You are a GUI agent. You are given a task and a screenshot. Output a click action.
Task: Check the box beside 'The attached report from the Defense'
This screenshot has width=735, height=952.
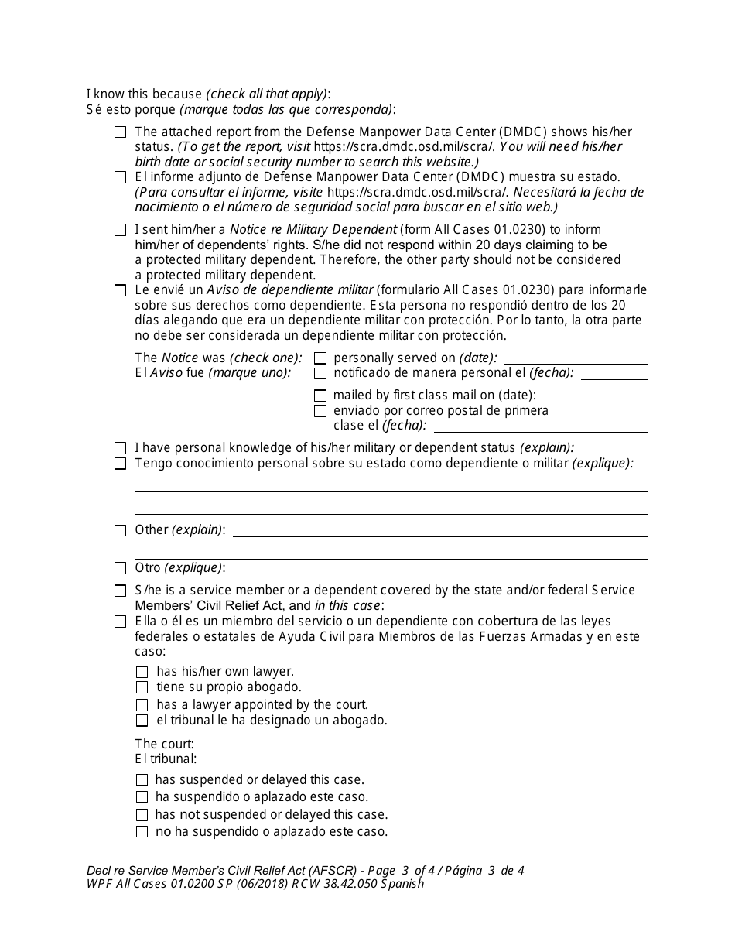click(120, 132)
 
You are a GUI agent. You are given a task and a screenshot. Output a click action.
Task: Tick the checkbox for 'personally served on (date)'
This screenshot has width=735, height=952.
click(320, 358)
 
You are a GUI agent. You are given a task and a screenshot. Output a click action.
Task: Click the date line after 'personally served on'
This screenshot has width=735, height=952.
click(576, 358)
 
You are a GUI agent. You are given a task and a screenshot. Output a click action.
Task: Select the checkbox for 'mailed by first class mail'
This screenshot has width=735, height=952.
click(320, 396)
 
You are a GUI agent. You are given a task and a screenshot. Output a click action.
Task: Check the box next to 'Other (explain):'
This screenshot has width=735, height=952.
click(120, 530)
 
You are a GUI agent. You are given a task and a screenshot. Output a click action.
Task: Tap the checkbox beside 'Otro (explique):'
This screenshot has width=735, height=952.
click(120, 568)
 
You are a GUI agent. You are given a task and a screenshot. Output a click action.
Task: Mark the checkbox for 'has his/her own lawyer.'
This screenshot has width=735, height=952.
click(142, 673)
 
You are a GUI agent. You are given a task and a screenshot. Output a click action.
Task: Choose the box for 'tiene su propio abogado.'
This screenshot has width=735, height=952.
click(142, 687)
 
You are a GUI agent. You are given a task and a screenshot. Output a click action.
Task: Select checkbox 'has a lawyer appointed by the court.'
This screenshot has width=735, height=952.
click(142, 705)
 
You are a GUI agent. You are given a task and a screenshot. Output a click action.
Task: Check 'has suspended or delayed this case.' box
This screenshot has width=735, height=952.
click(142, 780)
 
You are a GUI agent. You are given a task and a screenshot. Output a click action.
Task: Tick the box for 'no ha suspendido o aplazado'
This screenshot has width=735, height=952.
click(142, 832)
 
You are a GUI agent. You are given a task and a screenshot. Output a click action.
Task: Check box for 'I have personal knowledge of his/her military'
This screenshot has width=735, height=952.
click(120, 448)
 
